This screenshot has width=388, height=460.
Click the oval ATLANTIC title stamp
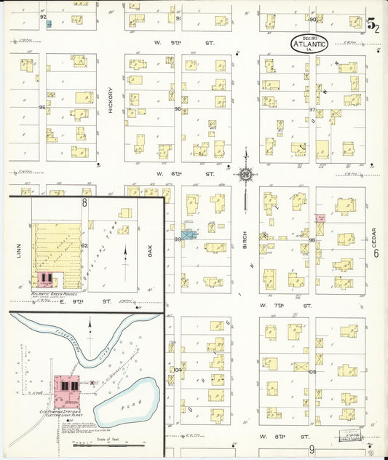[x=309, y=43]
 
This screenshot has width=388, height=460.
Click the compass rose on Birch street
[x=246, y=174]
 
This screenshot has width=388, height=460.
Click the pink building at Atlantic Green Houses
[x=46, y=279]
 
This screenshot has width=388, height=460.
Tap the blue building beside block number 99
[x=189, y=236]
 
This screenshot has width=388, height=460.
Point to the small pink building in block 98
[x=319, y=218]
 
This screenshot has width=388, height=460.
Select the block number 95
[x=42, y=108]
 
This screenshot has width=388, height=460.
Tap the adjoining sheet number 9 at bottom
[x=311, y=450]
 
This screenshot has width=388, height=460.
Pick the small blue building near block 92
[x=49, y=24]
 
